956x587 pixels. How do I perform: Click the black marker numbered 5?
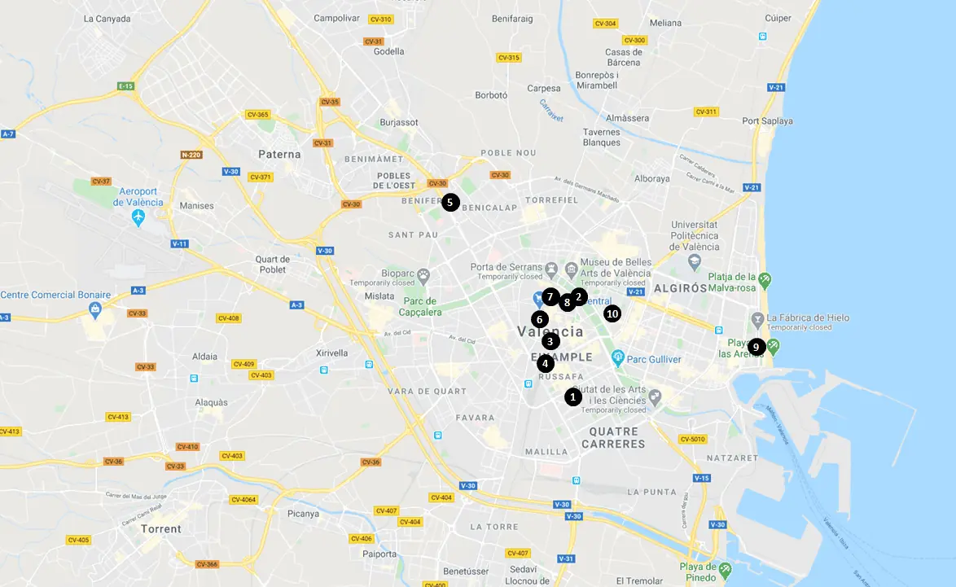(450, 203)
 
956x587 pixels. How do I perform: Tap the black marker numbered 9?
(756, 347)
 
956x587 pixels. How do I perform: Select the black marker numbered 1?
(572, 397)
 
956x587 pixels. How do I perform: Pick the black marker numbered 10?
(612, 313)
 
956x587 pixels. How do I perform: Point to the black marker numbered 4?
(546, 363)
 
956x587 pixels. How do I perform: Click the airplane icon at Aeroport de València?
(138, 217)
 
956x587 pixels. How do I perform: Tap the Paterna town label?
(279, 154)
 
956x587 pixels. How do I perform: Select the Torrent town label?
(161, 528)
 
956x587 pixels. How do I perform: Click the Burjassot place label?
(399, 122)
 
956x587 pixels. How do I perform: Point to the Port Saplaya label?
(767, 121)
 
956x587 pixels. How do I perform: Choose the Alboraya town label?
(651, 178)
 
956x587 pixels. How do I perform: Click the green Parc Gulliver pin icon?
(618, 357)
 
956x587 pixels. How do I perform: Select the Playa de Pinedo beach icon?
(726, 569)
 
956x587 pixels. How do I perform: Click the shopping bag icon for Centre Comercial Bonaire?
(96, 309)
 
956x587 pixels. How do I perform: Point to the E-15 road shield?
(125, 85)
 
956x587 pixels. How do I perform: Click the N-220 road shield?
(191, 155)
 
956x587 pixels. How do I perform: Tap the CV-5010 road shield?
(692, 440)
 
